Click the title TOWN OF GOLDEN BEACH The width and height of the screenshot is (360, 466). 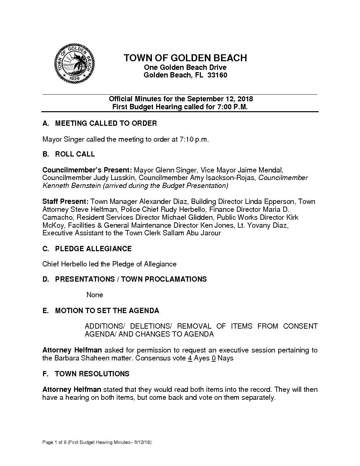pos(185,58)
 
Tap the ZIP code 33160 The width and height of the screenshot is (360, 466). pos(217,75)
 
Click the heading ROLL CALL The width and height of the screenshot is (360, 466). pos(75,154)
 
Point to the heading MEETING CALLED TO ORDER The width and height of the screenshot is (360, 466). pos(106,123)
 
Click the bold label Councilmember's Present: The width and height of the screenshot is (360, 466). pos(87,170)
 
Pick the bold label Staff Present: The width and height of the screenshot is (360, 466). pos(65,202)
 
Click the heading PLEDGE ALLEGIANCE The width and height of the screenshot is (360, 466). pos(93,249)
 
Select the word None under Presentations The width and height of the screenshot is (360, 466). pos(95,295)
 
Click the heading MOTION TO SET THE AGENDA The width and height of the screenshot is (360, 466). pos(107,311)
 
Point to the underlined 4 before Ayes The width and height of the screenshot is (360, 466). pos(190,358)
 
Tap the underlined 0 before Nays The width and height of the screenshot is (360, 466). pos(214,358)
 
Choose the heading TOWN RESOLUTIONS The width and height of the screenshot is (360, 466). pos(92,374)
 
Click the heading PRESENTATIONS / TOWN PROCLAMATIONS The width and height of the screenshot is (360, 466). pos(131,279)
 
